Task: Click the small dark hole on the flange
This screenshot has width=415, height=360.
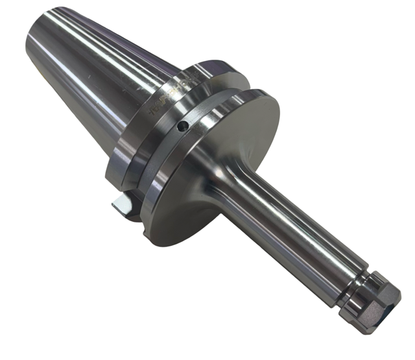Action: pos(185,126)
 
